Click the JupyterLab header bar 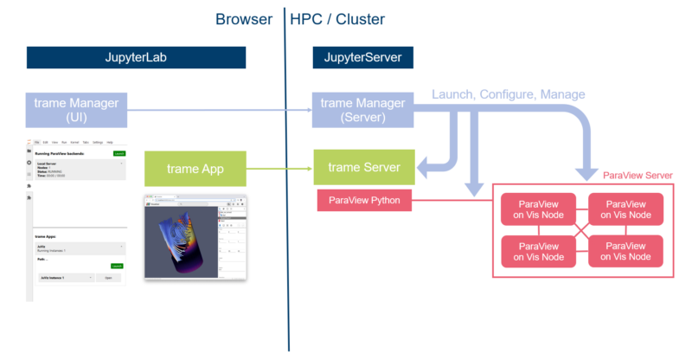pyautogui.click(x=136, y=58)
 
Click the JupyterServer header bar pyautogui.click(x=362, y=58)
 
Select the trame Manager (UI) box pyautogui.click(x=78, y=110)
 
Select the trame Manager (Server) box pyautogui.click(x=362, y=110)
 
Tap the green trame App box pyautogui.click(x=195, y=167)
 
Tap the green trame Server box pyautogui.click(x=363, y=167)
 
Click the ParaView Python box pyautogui.click(x=363, y=202)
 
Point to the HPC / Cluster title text pyautogui.click(x=338, y=18)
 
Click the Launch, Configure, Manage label pyautogui.click(x=509, y=93)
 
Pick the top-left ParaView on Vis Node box pyautogui.click(x=539, y=209)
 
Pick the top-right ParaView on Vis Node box pyautogui.click(x=625, y=209)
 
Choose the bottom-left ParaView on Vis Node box pyautogui.click(x=539, y=251)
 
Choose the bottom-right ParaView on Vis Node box pyautogui.click(x=625, y=251)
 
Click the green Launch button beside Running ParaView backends pyautogui.click(x=119, y=153)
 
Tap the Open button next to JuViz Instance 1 pyautogui.click(x=108, y=277)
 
